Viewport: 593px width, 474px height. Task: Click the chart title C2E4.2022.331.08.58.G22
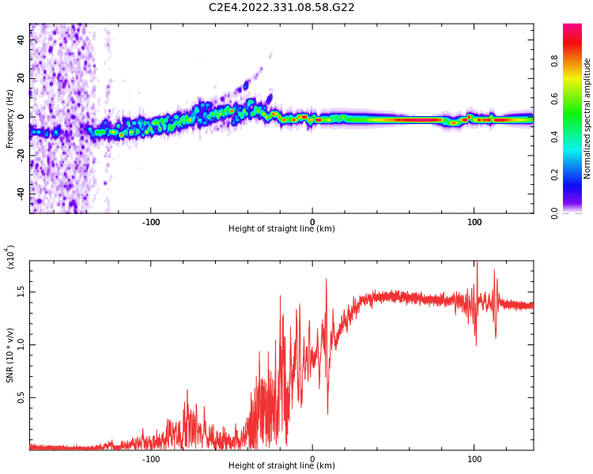[x=281, y=8]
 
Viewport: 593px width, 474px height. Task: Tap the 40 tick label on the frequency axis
[x=21, y=39]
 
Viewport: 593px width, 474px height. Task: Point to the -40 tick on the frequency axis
[x=21, y=194]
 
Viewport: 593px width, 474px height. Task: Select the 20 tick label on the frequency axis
[x=21, y=78]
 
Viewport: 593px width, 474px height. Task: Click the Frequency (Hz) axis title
[x=9, y=118]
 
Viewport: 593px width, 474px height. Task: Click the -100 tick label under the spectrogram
[x=151, y=222]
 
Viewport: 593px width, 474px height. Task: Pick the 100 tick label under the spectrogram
[x=474, y=222]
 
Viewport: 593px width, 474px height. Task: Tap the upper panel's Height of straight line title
[x=281, y=228]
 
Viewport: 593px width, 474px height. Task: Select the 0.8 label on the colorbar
[x=554, y=61]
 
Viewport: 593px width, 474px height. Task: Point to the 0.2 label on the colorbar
[x=554, y=175]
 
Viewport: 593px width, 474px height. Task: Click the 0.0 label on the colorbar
[x=554, y=213]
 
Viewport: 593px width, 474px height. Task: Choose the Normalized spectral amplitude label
[x=587, y=118]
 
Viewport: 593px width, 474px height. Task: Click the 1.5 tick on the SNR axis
[x=21, y=292]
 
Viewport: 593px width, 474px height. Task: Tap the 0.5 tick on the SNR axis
[x=21, y=397]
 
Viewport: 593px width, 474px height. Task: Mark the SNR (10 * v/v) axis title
[x=9, y=355]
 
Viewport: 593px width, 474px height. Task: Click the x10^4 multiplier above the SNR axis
[x=9, y=257]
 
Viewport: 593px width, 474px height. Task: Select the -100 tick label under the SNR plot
[x=151, y=459]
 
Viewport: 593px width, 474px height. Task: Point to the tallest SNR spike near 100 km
[x=477, y=261]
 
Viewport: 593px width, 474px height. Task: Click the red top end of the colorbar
[x=572, y=25]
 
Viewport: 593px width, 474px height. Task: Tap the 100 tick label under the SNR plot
[x=474, y=459]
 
